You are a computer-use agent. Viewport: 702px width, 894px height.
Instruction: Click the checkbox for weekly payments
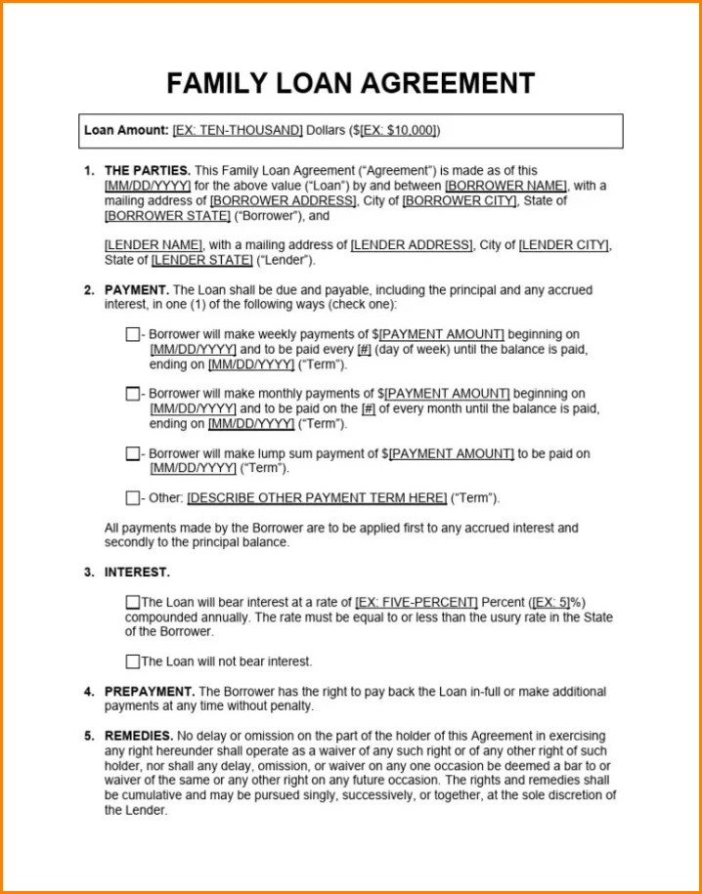pos(133,334)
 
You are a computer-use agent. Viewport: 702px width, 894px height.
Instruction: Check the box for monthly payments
pos(133,394)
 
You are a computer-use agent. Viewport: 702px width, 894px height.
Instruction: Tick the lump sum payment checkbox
pos(133,453)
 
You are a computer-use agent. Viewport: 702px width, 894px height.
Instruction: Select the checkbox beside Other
pos(133,497)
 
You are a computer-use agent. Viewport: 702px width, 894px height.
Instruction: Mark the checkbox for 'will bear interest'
pos(133,602)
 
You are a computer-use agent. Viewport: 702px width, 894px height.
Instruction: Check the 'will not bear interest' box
pos(133,661)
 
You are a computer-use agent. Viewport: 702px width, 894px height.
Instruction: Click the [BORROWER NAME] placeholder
pos(505,186)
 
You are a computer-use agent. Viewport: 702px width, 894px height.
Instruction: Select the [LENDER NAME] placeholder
pos(154,245)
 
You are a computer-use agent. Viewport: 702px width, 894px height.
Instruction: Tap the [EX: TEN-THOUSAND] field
pos(238,130)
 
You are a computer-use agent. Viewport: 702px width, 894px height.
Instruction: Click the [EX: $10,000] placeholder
pos(399,130)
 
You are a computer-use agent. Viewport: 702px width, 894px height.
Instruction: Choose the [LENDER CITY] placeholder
pos(564,245)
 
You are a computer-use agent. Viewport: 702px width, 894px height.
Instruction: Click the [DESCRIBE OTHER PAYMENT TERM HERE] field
pos(317,497)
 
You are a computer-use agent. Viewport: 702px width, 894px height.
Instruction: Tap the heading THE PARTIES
pos(148,170)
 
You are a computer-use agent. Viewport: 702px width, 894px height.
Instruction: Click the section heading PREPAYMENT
pos(150,692)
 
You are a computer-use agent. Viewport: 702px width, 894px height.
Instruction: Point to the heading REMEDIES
pos(139,736)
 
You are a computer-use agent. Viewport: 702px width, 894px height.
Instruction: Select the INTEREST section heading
pos(137,573)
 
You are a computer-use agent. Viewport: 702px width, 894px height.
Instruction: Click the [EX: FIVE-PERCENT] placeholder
pos(417,602)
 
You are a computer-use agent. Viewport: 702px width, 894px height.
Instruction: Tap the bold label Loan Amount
pos(126,130)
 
